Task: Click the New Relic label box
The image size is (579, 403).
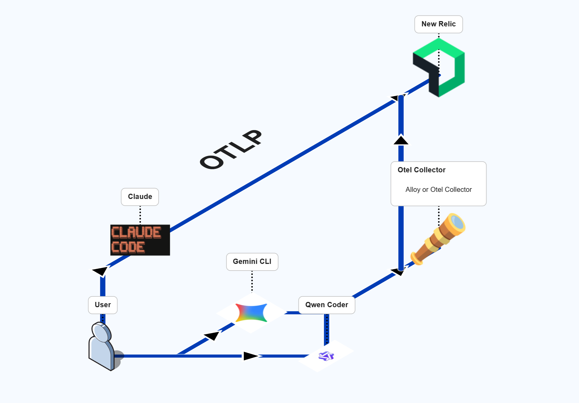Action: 438,24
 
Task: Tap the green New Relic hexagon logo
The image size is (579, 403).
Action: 459,69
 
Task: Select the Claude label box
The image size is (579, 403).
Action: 140,197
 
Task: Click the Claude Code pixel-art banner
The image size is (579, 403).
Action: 140,240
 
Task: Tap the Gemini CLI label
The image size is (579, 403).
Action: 252,262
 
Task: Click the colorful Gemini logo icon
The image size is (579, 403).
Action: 251,313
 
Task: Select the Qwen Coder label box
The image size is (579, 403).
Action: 327,305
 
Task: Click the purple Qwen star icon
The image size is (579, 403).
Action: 326,356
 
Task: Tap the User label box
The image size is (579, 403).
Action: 103,305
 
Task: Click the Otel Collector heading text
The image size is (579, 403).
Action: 421,170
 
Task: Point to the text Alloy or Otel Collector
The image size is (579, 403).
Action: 438,189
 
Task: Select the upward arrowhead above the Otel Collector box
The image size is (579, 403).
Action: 401,140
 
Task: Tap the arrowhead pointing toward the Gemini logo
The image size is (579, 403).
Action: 212,336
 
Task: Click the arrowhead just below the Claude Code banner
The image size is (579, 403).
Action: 101,271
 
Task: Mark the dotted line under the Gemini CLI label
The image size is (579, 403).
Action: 252,281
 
